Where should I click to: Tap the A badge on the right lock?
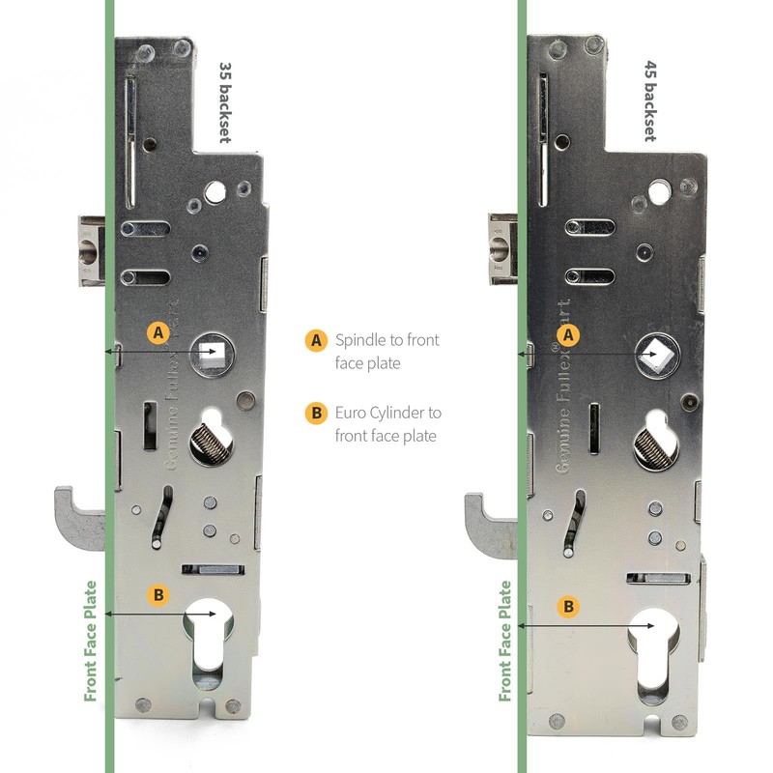pyautogui.click(x=570, y=334)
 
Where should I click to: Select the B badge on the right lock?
pyautogui.click(x=570, y=607)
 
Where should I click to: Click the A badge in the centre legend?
pyautogui.click(x=315, y=340)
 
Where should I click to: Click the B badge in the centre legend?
pyautogui.click(x=315, y=414)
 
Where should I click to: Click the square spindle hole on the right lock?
pyautogui.click(x=657, y=358)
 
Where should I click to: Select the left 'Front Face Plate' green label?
pyautogui.click(x=91, y=641)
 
